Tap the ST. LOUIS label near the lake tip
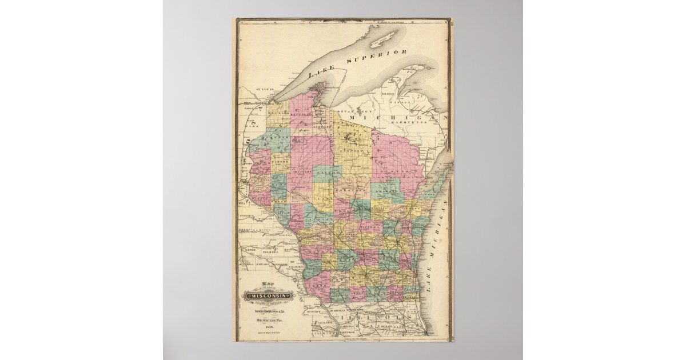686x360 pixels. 250,89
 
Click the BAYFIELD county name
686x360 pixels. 301,114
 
